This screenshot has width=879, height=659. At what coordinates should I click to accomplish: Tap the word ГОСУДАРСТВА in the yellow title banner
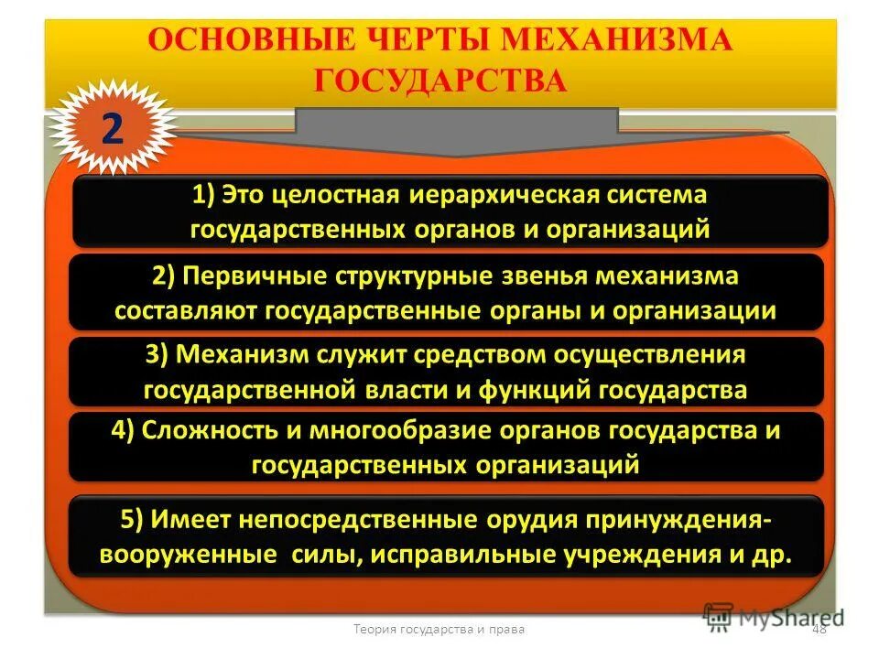pyautogui.click(x=440, y=81)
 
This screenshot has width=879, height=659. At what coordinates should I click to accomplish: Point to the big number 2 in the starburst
pyautogui.click(x=111, y=130)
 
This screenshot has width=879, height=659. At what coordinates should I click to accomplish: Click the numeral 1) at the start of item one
pyautogui.click(x=203, y=196)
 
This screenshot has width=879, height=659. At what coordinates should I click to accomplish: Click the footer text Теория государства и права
pyautogui.click(x=439, y=628)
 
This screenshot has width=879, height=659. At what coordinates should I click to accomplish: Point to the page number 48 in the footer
pyautogui.click(x=818, y=628)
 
